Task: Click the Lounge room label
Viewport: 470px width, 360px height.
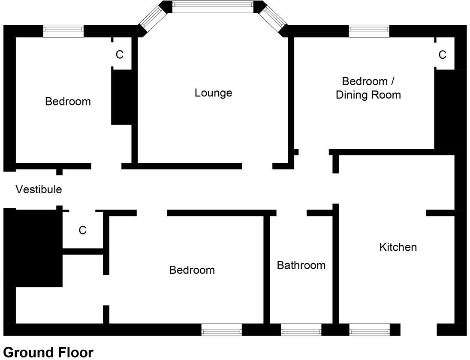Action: (x=213, y=93)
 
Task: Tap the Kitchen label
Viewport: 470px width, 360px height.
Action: (x=398, y=247)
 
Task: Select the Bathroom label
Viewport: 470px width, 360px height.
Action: (x=301, y=265)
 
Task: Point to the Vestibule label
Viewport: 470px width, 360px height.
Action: (x=39, y=189)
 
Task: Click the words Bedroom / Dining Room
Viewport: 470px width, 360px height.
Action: (x=368, y=88)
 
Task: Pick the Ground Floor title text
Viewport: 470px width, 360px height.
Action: (x=48, y=352)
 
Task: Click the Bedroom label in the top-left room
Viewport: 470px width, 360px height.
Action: (x=68, y=102)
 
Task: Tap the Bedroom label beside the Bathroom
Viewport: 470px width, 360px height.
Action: (x=192, y=270)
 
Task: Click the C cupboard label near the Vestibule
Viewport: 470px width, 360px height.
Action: (x=82, y=231)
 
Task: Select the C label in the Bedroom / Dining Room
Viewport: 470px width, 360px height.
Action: (x=442, y=55)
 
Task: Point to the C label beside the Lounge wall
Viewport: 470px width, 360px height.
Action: (x=120, y=55)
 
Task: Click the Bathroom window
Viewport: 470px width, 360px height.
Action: (x=301, y=330)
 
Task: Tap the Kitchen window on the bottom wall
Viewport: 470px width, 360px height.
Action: (x=369, y=330)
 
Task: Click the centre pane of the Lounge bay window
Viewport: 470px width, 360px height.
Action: (x=213, y=6)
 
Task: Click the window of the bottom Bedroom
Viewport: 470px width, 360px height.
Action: (x=222, y=330)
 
